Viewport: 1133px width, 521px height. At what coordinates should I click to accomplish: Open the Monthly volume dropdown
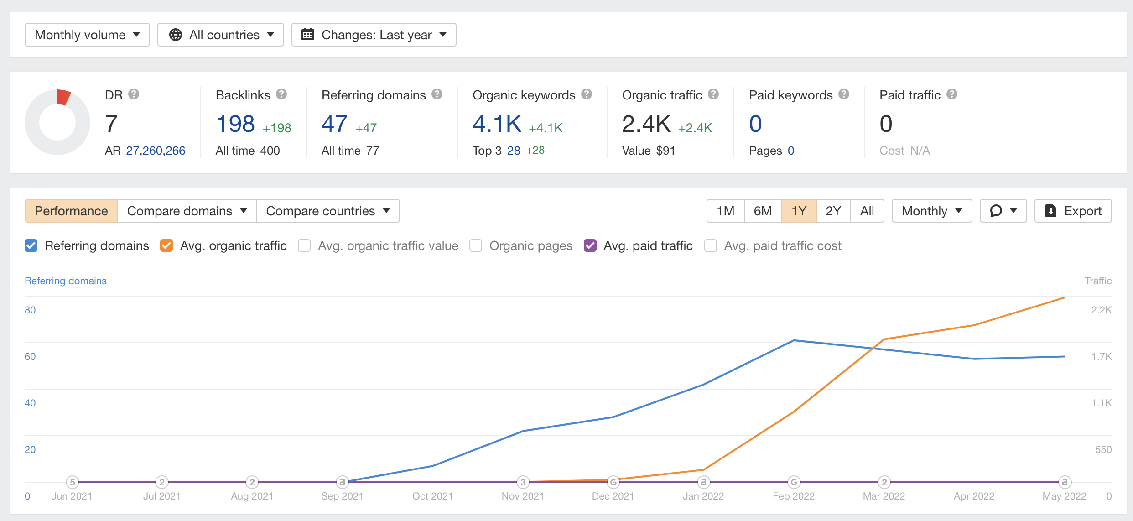[x=87, y=35]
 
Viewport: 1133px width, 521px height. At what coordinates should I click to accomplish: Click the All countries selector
[x=221, y=35]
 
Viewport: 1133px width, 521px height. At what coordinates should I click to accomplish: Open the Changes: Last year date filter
[x=374, y=35]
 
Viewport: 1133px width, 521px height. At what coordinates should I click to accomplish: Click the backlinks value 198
[x=235, y=124]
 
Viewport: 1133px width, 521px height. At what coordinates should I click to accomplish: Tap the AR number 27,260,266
[x=156, y=151]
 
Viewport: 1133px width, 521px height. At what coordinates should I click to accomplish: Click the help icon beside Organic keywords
[x=587, y=94]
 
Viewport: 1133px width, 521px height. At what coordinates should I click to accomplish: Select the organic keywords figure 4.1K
[x=497, y=124]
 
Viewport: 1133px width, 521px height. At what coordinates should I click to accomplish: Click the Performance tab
[x=71, y=211]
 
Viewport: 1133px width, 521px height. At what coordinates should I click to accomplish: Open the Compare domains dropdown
[x=187, y=211]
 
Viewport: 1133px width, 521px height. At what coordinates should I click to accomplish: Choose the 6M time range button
[x=763, y=211]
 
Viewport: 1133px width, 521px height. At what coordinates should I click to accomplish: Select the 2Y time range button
[x=833, y=211]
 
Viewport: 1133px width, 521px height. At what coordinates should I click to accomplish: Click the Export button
[x=1073, y=211]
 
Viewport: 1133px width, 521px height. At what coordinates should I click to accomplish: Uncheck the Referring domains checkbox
[x=31, y=245]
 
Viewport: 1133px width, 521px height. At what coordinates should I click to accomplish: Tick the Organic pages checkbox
[x=476, y=245]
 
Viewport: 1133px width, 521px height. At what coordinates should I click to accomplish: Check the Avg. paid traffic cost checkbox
[x=710, y=245]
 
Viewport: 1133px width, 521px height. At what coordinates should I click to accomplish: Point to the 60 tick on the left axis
[x=30, y=356]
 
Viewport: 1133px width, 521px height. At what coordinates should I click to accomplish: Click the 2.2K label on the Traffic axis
[x=1101, y=310]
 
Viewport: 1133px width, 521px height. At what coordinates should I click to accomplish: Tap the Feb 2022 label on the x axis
[x=793, y=496]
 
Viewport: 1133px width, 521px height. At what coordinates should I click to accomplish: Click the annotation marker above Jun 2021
[x=72, y=482]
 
